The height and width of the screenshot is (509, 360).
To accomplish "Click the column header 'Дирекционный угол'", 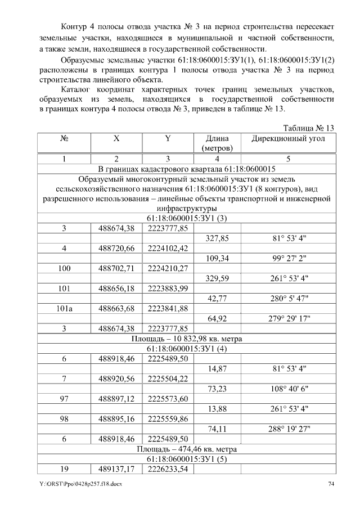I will click(288, 139).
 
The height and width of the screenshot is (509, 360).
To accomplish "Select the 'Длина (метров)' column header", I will click(217, 144).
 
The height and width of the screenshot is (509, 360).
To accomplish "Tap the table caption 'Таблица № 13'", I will click(309, 128).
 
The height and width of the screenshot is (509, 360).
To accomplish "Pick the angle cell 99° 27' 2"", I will click(288, 258).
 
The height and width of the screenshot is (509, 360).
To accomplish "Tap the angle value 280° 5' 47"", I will click(288, 299).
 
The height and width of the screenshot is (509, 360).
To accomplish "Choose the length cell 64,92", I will click(217, 318).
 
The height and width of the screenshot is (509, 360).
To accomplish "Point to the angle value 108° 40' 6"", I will click(288, 389).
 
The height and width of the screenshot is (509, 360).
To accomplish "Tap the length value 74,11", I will click(217, 429).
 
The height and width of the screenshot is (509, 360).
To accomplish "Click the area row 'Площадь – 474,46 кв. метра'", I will click(186, 449).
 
